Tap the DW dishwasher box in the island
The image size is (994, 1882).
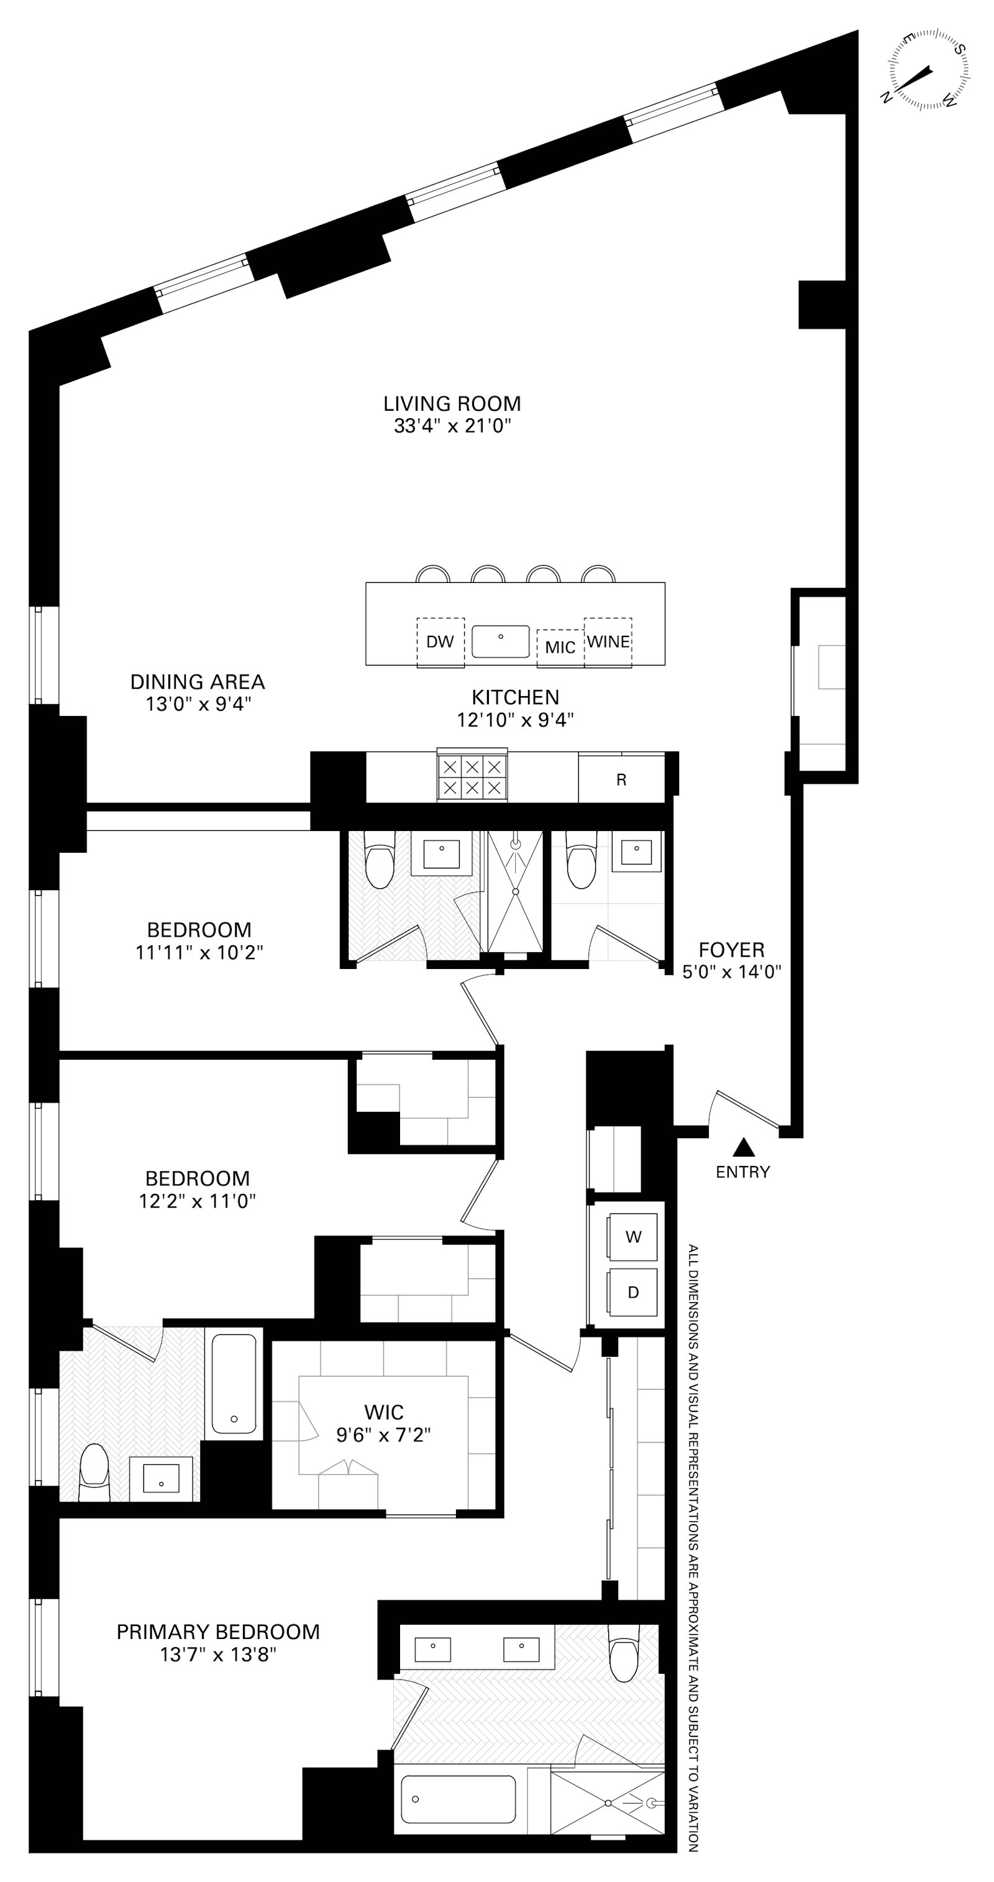[x=440, y=642]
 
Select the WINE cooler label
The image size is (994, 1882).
[x=608, y=641]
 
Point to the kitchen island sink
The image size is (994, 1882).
[x=500, y=641]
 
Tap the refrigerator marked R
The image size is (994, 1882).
[x=621, y=779]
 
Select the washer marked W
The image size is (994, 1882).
[x=633, y=1237]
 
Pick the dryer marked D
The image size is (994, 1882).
[x=633, y=1292]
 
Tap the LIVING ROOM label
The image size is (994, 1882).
[x=452, y=403]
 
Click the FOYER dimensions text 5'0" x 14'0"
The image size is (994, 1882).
[x=732, y=971]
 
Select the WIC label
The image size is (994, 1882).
[x=383, y=1412]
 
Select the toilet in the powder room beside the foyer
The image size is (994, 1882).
[x=581, y=866]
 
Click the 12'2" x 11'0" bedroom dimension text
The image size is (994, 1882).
[x=197, y=1200]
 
